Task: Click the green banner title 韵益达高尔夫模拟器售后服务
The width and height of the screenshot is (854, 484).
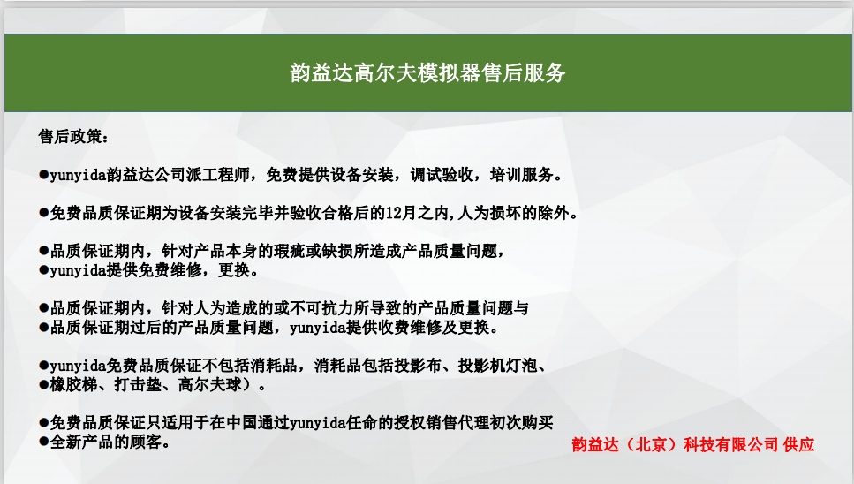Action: pos(427,73)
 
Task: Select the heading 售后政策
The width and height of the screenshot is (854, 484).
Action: pos(69,137)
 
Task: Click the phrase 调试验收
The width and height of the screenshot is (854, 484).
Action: pos(442,175)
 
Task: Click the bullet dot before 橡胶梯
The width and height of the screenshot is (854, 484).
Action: pos(43,385)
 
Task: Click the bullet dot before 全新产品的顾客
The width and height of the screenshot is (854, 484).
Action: pos(43,442)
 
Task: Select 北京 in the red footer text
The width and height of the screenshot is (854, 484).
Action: pos(652,445)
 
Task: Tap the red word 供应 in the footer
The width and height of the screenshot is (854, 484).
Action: pos(799,445)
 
